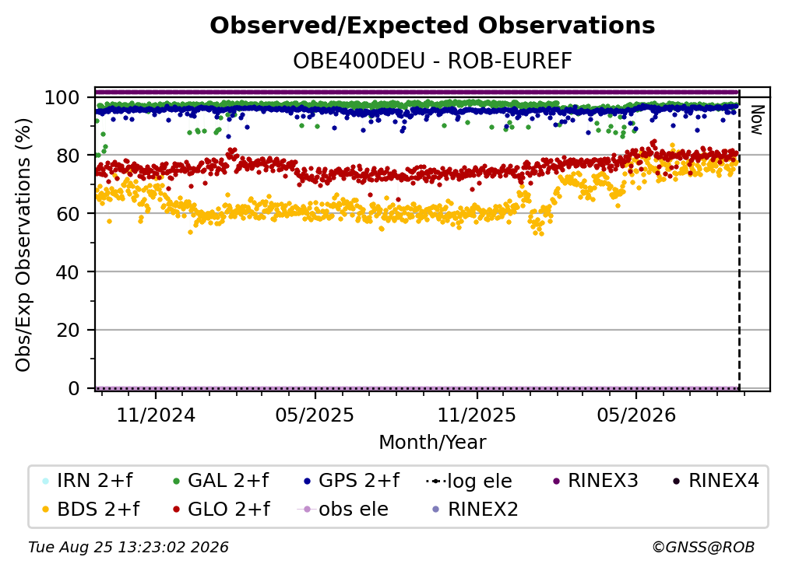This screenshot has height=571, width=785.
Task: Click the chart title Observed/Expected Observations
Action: click(x=432, y=26)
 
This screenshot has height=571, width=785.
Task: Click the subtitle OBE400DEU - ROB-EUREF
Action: click(x=432, y=61)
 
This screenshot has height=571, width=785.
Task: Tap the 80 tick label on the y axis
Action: click(x=68, y=156)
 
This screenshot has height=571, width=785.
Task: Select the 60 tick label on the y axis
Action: click(x=68, y=213)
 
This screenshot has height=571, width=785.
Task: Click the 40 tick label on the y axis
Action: click(x=68, y=272)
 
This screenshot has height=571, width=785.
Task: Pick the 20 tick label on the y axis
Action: click(x=68, y=330)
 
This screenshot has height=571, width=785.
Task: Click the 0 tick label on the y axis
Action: click(x=74, y=388)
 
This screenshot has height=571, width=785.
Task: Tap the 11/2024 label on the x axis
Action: click(x=156, y=415)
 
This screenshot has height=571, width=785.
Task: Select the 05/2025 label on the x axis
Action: click(x=315, y=415)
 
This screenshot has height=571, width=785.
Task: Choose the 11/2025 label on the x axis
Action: click(x=477, y=415)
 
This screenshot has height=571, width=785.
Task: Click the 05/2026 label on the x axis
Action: click(x=636, y=415)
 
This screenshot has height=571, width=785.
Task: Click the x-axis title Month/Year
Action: click(x=432, y=443)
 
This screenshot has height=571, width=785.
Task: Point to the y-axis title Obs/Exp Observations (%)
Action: click(x=23, y=245)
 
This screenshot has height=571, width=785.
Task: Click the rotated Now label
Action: click(x=756, y=120)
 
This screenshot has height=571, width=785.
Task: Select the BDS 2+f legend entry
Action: click(x=90, y=509)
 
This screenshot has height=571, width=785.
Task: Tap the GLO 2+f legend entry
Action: click(x=221, y=509)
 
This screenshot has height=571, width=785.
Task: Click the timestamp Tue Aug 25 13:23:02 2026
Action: click(x=128, y=547)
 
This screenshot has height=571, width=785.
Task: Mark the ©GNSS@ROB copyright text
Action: click(x=703, y=547)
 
